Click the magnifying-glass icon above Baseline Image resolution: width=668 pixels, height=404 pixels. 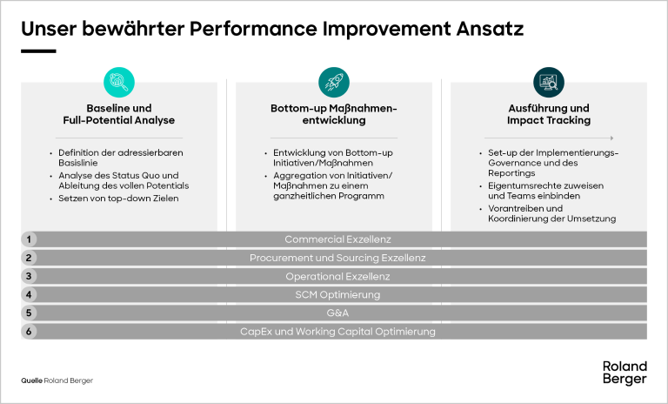click(119, 82)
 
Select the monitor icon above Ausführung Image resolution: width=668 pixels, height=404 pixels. click(548, 82)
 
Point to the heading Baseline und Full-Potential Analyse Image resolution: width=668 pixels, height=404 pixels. click(118, 114)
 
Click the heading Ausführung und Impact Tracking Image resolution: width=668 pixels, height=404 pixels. click(548, 114)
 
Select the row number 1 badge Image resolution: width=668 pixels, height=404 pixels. click(29, 239)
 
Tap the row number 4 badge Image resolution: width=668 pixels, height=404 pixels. click(29, 295)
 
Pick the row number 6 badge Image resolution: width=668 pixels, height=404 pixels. click(29, 332)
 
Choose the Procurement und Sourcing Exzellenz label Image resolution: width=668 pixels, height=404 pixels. click(337, 258)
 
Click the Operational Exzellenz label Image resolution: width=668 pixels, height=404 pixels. click(337, 277)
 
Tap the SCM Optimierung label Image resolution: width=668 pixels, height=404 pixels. click(337, 295)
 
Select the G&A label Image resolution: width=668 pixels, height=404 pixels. click(337, 313)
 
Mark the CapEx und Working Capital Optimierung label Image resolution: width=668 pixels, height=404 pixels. click(337, 332)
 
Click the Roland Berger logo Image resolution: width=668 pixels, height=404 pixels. click(625, 372)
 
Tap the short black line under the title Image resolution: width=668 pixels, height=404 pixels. click(38, 50)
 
